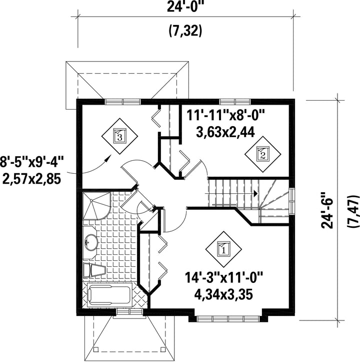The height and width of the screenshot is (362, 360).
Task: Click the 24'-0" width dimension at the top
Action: [x=185, y=7]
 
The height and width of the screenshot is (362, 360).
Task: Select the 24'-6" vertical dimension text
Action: [x=327, y=210]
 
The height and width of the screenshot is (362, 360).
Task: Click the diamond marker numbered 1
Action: [x=223, y=249]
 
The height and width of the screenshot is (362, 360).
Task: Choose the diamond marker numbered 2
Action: [x=262, y=154]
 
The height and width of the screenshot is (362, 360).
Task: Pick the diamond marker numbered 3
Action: [x=119, y=136]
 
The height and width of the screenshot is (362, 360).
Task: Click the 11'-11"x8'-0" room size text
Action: [x=225, y=115]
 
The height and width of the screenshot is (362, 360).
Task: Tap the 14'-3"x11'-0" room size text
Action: [x=223, y=277]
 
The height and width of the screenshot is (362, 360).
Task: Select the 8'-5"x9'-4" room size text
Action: [x=32, y=161]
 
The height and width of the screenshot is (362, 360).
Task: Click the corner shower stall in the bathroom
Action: [x=97, y=205]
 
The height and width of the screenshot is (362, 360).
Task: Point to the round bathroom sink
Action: [x=91, y=242]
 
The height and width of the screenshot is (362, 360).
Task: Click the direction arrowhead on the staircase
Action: [x=255, y=193]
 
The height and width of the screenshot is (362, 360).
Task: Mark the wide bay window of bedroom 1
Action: [x=228, y=319]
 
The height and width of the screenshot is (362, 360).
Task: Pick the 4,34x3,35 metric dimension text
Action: [x=223, y=294]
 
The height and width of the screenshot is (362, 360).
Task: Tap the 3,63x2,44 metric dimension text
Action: [x=225, y=132]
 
